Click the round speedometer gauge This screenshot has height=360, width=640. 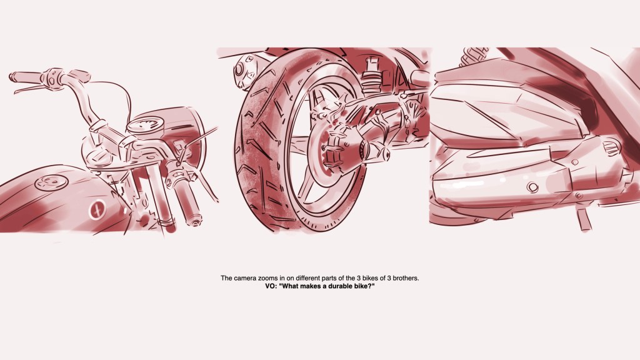click(x=145, y=125)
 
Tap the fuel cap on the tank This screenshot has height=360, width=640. click(x=51, y=182)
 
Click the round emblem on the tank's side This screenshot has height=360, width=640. click(x=97, y=210)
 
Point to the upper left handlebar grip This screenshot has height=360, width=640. click(x=25, y=76)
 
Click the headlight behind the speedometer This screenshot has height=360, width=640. click(x=179, y=132)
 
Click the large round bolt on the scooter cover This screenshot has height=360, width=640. click(x=532, y=187)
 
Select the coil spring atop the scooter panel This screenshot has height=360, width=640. click(x=474, y=56)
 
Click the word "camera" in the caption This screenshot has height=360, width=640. click(x=245, y=278)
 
